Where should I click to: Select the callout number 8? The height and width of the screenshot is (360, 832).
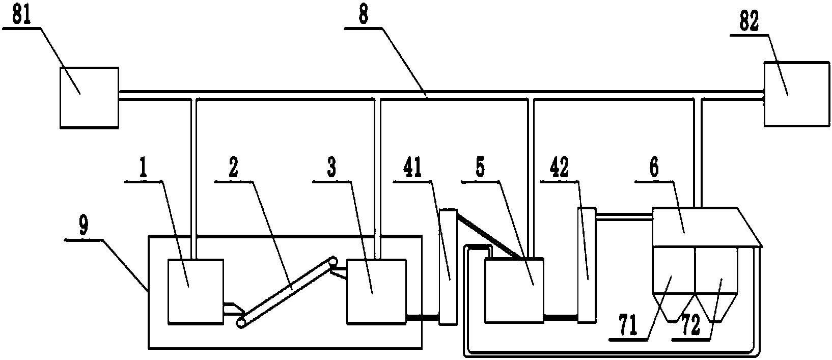(x=364, y=16)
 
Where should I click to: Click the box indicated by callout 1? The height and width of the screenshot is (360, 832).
(x=196, y=291)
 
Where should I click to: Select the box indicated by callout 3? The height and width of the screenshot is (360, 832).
(x=376, y=291)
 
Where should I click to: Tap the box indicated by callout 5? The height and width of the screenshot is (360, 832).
(x=514, y=290)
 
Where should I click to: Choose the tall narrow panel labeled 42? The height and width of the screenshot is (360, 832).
(x=586, y=265)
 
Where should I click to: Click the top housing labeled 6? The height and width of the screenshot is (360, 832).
(x=698, y=227)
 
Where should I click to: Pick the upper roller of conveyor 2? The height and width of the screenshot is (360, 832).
(x=333, y=261)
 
